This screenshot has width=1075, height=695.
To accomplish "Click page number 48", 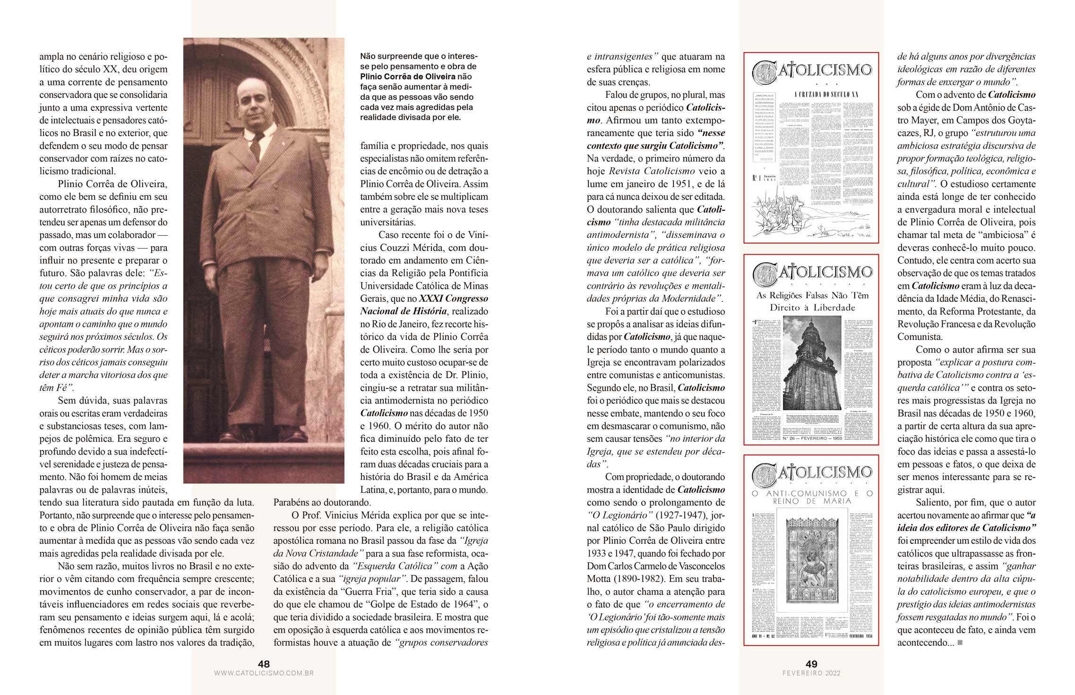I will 264,664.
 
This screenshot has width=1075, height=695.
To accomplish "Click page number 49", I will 811,664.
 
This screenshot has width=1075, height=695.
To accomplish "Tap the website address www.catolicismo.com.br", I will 264,673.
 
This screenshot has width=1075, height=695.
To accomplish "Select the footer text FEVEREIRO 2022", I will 811,673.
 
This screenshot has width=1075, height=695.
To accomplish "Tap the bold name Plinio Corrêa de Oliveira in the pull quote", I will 408,77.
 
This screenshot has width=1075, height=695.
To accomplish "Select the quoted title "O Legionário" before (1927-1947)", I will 615,515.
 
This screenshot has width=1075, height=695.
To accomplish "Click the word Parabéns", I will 292,502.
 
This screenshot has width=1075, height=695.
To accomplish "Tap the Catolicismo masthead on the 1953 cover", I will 811,273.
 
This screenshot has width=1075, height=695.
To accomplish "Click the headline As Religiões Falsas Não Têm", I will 812,296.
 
